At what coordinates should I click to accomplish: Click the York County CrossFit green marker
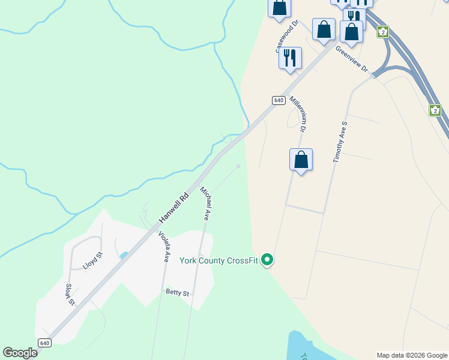(x=268, y=260)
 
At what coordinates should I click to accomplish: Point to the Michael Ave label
(x=205, y=203)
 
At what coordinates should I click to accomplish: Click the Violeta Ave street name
(x=163, y=247)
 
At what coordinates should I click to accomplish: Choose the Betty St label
(x=178, y=293)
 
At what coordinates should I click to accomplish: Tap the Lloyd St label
(x=93, y=262)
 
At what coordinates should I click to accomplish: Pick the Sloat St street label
(x=70, y=294)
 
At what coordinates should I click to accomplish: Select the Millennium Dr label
(x=298, y=113)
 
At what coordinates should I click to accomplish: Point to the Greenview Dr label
(x=352, y=58)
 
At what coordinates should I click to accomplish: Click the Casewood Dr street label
(x=287, y=37)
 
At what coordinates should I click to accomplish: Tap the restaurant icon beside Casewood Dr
(x=290, y=58)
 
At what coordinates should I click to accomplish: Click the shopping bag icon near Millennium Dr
(x=301, y=160)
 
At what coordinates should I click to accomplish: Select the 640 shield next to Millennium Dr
(x=278, y=100)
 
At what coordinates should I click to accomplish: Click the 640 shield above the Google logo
(x=44, y=343)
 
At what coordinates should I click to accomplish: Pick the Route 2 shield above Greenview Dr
(x=383, y=32)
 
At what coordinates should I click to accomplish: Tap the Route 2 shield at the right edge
(x=435, y=110)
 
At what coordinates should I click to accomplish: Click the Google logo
(x=20, y=352)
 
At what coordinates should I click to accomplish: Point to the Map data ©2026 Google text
(x=412, y=355)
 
